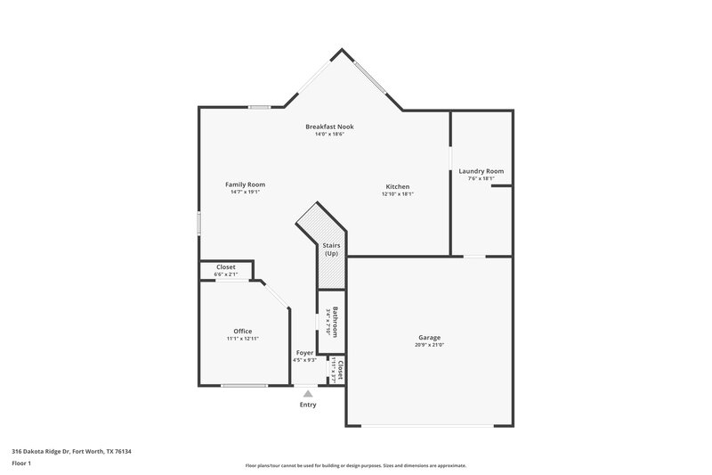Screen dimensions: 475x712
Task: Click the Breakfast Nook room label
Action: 329,127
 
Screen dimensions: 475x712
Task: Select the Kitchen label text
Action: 397,186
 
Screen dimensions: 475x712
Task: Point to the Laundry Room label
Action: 481,171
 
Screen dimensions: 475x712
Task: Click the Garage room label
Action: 430,338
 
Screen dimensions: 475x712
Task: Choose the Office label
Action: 243,332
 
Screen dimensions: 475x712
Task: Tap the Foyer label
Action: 304,353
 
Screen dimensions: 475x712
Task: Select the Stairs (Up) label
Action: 331,249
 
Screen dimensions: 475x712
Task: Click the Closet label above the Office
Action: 226,266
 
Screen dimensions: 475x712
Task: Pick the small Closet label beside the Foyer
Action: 340,371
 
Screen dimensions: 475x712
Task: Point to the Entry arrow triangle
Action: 307,392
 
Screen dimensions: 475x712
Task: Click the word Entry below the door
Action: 307,405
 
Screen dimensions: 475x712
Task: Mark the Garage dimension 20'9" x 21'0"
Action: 430,345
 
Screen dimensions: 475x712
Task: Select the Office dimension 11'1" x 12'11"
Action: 243,339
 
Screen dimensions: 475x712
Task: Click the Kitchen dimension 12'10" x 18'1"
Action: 397,193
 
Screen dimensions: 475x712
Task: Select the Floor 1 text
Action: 21,463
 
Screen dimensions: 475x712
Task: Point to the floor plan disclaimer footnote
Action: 356,465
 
